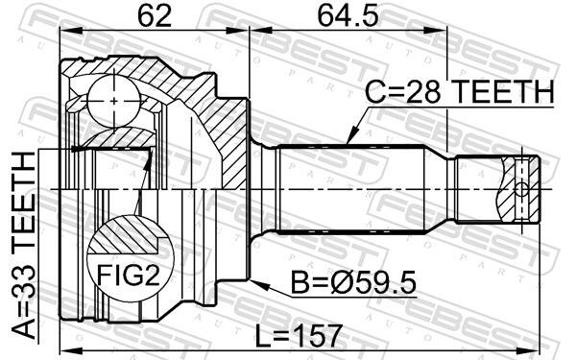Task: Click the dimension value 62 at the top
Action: [155, 16]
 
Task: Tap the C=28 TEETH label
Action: [460, 93]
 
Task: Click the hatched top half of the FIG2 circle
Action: [126, 235]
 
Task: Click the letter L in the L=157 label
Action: [262, 335]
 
